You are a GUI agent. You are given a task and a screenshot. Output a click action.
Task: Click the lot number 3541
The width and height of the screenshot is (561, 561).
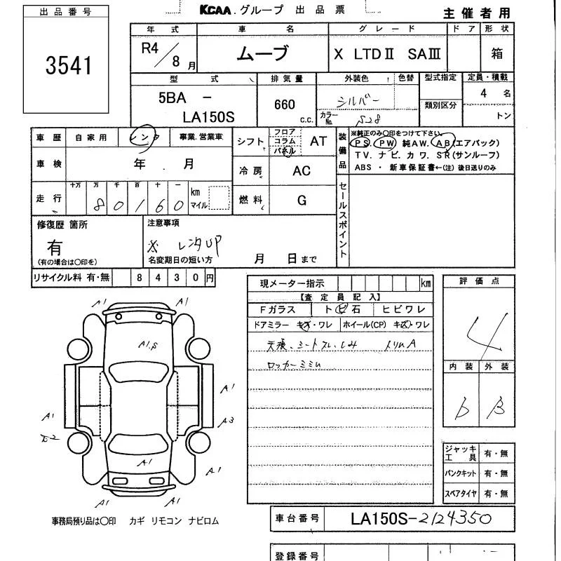[69, 65]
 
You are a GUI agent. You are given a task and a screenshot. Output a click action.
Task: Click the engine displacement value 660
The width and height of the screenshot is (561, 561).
[285, 104]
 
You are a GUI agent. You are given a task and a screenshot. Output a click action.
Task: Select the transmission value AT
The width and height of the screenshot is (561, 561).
[318, 141]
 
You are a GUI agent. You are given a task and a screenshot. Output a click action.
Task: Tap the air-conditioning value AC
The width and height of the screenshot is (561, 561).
[302, 171]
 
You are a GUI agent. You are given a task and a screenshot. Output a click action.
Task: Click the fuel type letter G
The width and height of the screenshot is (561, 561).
[302, 201]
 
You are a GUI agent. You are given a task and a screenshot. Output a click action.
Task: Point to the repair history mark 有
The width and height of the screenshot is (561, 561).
[54, 247]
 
